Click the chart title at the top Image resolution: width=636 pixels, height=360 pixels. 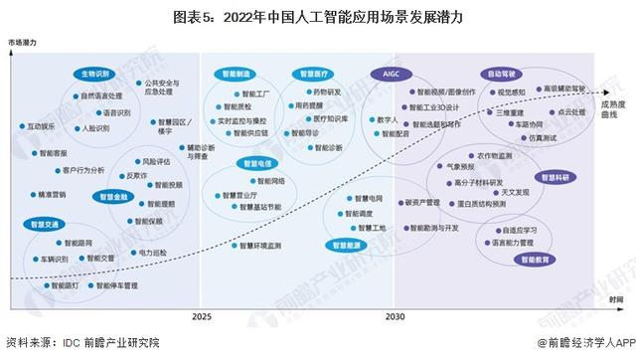317,17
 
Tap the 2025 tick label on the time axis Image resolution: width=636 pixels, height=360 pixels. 202,316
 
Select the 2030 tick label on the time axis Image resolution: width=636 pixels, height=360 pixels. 396,316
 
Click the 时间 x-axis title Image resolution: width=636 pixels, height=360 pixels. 617,299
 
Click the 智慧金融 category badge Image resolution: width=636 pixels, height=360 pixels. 115,197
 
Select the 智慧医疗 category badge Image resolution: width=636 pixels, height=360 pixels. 311,74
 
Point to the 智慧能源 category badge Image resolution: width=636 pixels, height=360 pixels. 348,244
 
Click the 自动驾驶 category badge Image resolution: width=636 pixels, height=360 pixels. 503,74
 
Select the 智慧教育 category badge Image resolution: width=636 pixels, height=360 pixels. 536,260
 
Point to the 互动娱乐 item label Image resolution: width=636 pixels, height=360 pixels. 46,126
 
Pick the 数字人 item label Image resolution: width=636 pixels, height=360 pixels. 388,119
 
